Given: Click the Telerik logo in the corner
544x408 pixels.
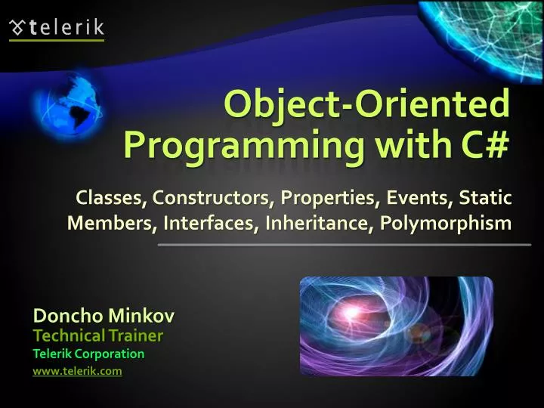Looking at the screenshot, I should pyautogui.click(x=57, y=29).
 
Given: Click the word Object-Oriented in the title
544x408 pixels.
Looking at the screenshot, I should pyautogui.click(x=366, y=104).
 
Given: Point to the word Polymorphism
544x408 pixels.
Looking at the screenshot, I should pyautogui.click(x=446, y=224).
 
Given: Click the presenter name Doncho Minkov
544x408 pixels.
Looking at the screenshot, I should pyautogui.click(x=104, y=315).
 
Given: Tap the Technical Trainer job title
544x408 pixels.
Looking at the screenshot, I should pyautogui.click(x=98, y=335).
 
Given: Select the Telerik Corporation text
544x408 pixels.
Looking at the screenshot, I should pyautogui.click(x=88, y=354).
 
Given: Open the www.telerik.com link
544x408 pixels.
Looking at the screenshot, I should pyautogui.click(x=78, y=371).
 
